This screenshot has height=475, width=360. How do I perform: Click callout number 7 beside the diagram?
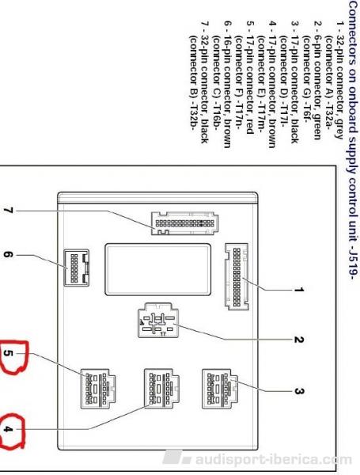point(8,211)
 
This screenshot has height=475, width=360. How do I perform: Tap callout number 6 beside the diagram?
point(8,255)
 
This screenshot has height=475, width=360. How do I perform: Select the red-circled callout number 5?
point(8,353)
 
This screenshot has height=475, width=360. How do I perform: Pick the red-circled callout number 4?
point(8,429)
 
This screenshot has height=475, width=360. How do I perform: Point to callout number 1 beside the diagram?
point(298,290)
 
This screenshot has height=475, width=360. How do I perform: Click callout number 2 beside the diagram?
point(298,340)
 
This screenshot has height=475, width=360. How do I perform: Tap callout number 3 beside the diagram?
point(298,391)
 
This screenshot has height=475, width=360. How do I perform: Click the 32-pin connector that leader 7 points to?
point(184,223)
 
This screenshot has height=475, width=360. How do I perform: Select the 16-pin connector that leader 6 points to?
point(76,268)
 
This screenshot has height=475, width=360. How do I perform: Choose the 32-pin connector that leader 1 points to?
point(237,276)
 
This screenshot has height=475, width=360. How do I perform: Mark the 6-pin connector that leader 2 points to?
point(157,320)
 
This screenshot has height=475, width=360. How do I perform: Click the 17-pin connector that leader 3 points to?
point(220,389)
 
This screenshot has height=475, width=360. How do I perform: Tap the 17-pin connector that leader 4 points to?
point(161,389)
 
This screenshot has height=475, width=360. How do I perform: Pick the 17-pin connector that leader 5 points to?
point(98,389)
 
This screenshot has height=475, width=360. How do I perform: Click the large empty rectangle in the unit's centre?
point(157,269)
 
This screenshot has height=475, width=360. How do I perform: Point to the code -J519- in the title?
point(352,262)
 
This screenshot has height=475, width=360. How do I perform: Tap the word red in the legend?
point(249,127)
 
